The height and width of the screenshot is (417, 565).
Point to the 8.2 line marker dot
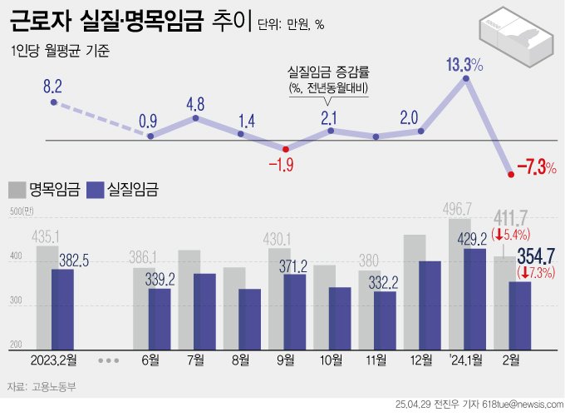[x=53, y=102]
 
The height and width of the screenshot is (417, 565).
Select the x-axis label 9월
[x=285, y=360]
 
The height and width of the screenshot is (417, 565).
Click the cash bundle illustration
[x=515, y=39]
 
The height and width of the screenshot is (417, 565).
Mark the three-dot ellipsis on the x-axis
[x=108, y=360]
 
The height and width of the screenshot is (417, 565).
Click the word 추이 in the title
[x=230, y=22]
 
